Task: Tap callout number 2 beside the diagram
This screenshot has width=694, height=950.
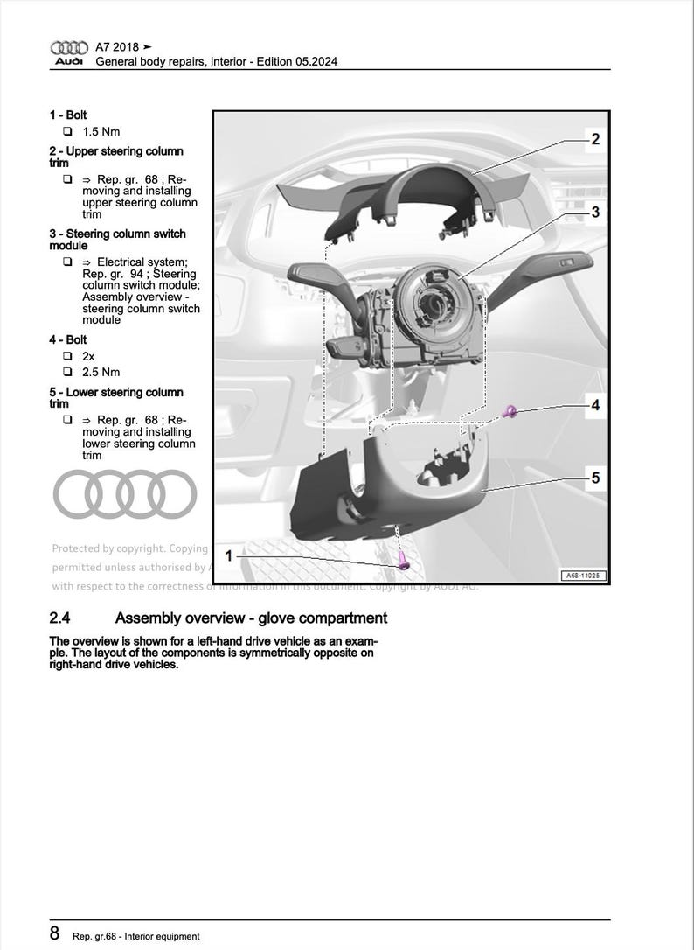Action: (x=594, y=140)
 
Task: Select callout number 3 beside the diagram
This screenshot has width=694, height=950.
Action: (x=594, y=213)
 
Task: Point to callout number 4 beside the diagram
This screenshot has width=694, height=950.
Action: (x=594, y=405)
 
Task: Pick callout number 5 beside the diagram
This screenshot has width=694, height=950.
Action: (x=594, y=478)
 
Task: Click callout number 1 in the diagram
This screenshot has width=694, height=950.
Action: (x=229, y=555)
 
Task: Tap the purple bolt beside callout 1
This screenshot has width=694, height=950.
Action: (x=403, y=562)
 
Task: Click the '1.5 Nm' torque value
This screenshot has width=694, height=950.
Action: (x=101, y=132)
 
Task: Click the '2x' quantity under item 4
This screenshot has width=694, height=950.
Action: (x=89, y=357)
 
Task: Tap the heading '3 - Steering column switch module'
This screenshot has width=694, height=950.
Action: (x=117, y=240)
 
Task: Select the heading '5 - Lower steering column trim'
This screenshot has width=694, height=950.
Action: (x=115, y=398)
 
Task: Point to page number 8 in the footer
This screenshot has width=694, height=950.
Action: (x=55, y=933)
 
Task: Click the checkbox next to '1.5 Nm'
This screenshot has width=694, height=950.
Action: (x=66, y=132)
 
